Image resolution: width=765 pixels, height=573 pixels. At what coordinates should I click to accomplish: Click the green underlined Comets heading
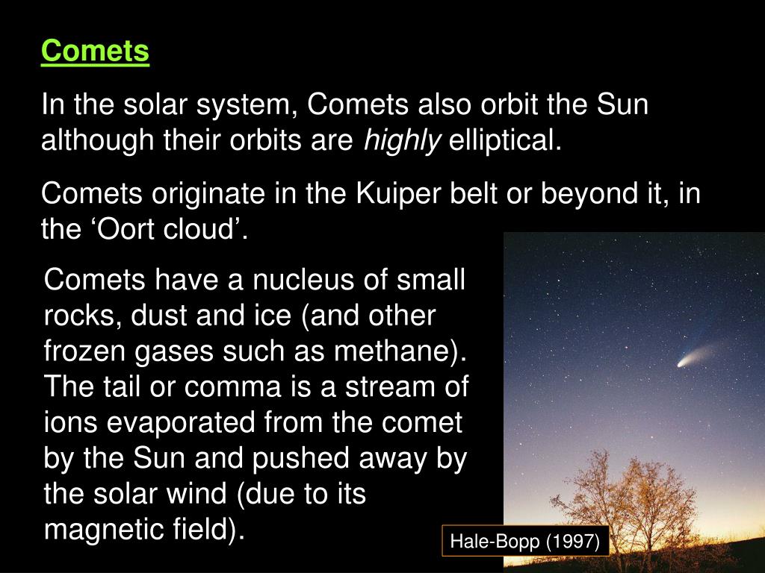pyautogui.click(x=95, y=51)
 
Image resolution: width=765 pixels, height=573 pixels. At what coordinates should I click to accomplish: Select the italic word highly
pyautogui.click(x=402, y=141)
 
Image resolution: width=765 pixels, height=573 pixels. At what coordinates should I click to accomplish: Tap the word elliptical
pyautogui.click(x=505, y=141)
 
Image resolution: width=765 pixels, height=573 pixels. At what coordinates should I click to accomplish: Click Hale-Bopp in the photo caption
pyautogui.click(x=495, y=542)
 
